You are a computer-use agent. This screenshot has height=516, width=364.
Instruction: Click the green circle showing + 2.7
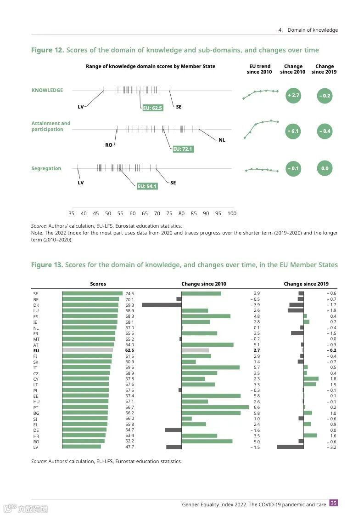(293, 96)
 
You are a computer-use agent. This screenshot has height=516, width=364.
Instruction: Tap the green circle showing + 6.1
(293, 131)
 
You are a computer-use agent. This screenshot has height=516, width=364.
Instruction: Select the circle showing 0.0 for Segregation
(325, 168)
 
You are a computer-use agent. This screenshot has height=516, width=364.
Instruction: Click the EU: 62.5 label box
(152, 108)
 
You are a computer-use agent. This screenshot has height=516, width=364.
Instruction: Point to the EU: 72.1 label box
(183, 149)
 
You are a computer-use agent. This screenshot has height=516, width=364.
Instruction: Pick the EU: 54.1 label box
(147, 186)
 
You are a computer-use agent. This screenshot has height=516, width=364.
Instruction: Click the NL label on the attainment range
(222, 140)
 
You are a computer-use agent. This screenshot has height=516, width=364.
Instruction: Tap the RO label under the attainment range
(109, 145)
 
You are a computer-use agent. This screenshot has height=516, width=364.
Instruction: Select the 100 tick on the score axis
(232, 213)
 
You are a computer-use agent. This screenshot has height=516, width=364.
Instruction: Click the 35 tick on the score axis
(71, 213)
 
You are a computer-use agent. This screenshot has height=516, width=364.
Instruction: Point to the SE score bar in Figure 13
(92, 293)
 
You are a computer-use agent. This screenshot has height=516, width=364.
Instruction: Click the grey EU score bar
(87, 350)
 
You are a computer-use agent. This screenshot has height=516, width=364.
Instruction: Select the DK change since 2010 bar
(162, 305)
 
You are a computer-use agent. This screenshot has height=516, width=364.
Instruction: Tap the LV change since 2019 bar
(290, 447)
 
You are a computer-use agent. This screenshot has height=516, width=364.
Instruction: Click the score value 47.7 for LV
(129, 447)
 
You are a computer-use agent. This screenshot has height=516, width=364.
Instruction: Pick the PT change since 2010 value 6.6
(257, 407)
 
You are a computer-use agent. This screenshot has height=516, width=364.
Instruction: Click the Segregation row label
(46, 169)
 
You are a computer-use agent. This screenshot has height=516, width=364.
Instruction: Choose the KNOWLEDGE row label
(47, 90)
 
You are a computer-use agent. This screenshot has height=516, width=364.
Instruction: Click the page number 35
(334, 503)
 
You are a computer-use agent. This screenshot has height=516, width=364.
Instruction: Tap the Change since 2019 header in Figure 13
(306, 284)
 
